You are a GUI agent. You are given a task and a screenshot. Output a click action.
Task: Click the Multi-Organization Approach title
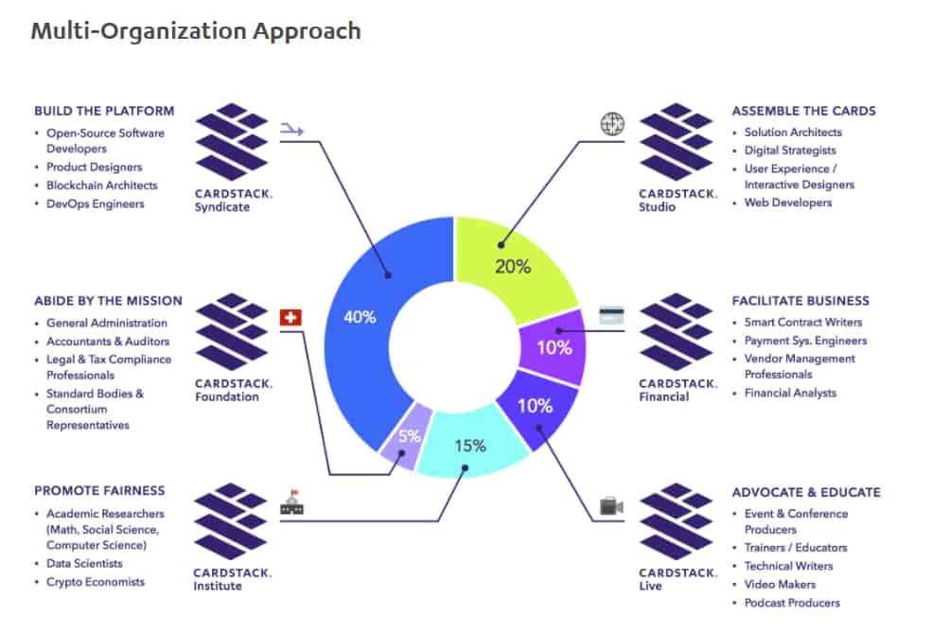[x=196, y=30]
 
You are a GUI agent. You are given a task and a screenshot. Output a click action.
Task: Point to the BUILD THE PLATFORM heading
[x=104, y=111]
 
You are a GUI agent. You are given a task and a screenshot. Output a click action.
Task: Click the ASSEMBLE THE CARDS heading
[x=803, y=111]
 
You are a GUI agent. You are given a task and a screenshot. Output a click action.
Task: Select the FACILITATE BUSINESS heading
[x=801, y=301]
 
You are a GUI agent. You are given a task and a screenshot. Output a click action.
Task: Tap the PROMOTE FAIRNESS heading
[x=99, y=491]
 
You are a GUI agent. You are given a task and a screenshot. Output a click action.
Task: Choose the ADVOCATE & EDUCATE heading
[x=806, y=492]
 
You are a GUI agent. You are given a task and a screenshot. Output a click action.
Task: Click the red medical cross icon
[x=290, y=317]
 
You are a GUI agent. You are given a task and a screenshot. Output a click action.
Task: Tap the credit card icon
[x=610, y=316]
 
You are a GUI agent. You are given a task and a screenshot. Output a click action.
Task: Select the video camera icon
[x=611, y=507]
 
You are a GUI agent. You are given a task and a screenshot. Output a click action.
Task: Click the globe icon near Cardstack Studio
[x=612, y=124]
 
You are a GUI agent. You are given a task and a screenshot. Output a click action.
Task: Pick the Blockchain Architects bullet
[x=101, y=185]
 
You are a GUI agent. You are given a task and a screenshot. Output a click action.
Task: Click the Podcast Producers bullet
[x=792, y=602]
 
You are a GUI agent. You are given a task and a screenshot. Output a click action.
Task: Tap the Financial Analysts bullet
[x=790, y=393]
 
